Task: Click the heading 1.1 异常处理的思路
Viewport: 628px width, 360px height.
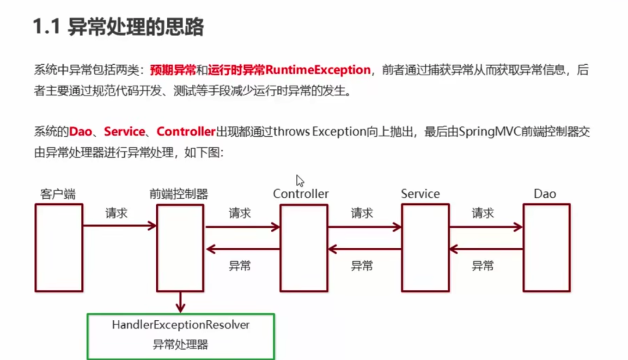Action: pos(118,28)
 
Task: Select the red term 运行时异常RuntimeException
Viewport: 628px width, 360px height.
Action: pos(289,70)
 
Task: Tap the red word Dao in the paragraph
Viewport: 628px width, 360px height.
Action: pos(80,132)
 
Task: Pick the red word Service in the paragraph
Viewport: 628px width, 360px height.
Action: pos(124,132)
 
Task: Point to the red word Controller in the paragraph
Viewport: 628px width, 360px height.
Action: pos(186,132)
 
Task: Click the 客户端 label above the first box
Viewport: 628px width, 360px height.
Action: pos(57,194)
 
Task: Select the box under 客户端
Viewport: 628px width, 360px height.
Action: pos(59,248)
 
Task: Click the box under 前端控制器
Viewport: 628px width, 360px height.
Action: pos(180,248)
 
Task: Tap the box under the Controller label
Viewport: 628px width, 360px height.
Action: pos(304,248)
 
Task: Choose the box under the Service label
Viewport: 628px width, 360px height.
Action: pos(425,248)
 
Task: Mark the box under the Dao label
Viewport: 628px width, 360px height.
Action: pos(546,248)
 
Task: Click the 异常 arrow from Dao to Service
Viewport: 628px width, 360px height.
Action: pos(485,250)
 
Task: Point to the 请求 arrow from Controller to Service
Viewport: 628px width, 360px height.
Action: pos(364,227)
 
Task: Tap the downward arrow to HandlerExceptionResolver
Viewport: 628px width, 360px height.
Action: pos(180,303)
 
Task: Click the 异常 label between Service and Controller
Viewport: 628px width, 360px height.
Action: pos(361,266)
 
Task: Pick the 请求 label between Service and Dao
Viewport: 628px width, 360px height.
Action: pos(482,214)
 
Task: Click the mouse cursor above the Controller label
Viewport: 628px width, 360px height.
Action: pos(300,180)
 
